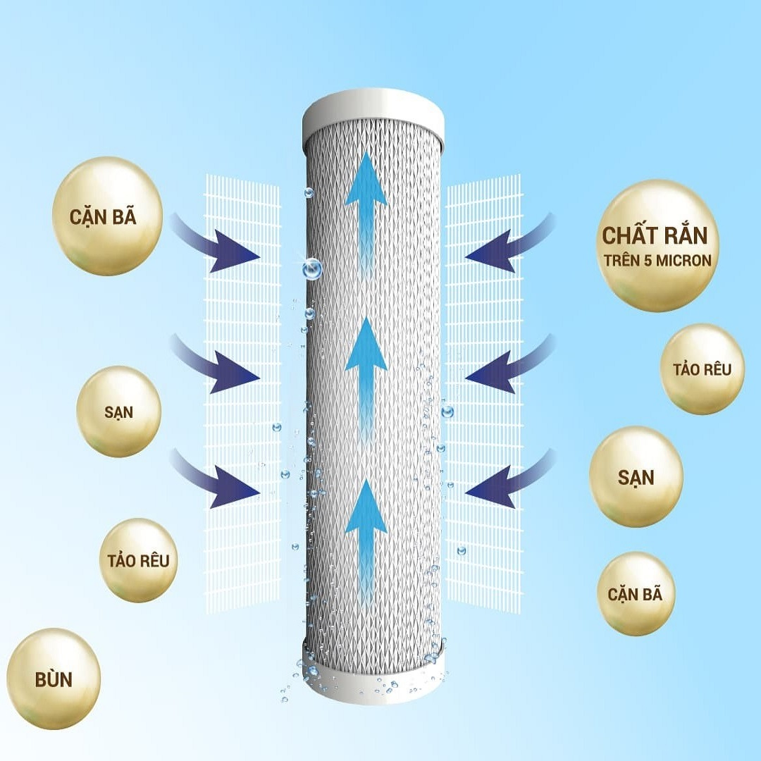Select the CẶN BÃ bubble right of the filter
tap(636, 593)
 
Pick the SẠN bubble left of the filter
tap(118, 412)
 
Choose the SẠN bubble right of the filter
tap(636, 476)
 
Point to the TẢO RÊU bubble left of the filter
tap(138, 561)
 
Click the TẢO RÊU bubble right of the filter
tap(702, 369)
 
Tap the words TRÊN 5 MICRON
tap(657, 260)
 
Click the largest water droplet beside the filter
tap(312, 268)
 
